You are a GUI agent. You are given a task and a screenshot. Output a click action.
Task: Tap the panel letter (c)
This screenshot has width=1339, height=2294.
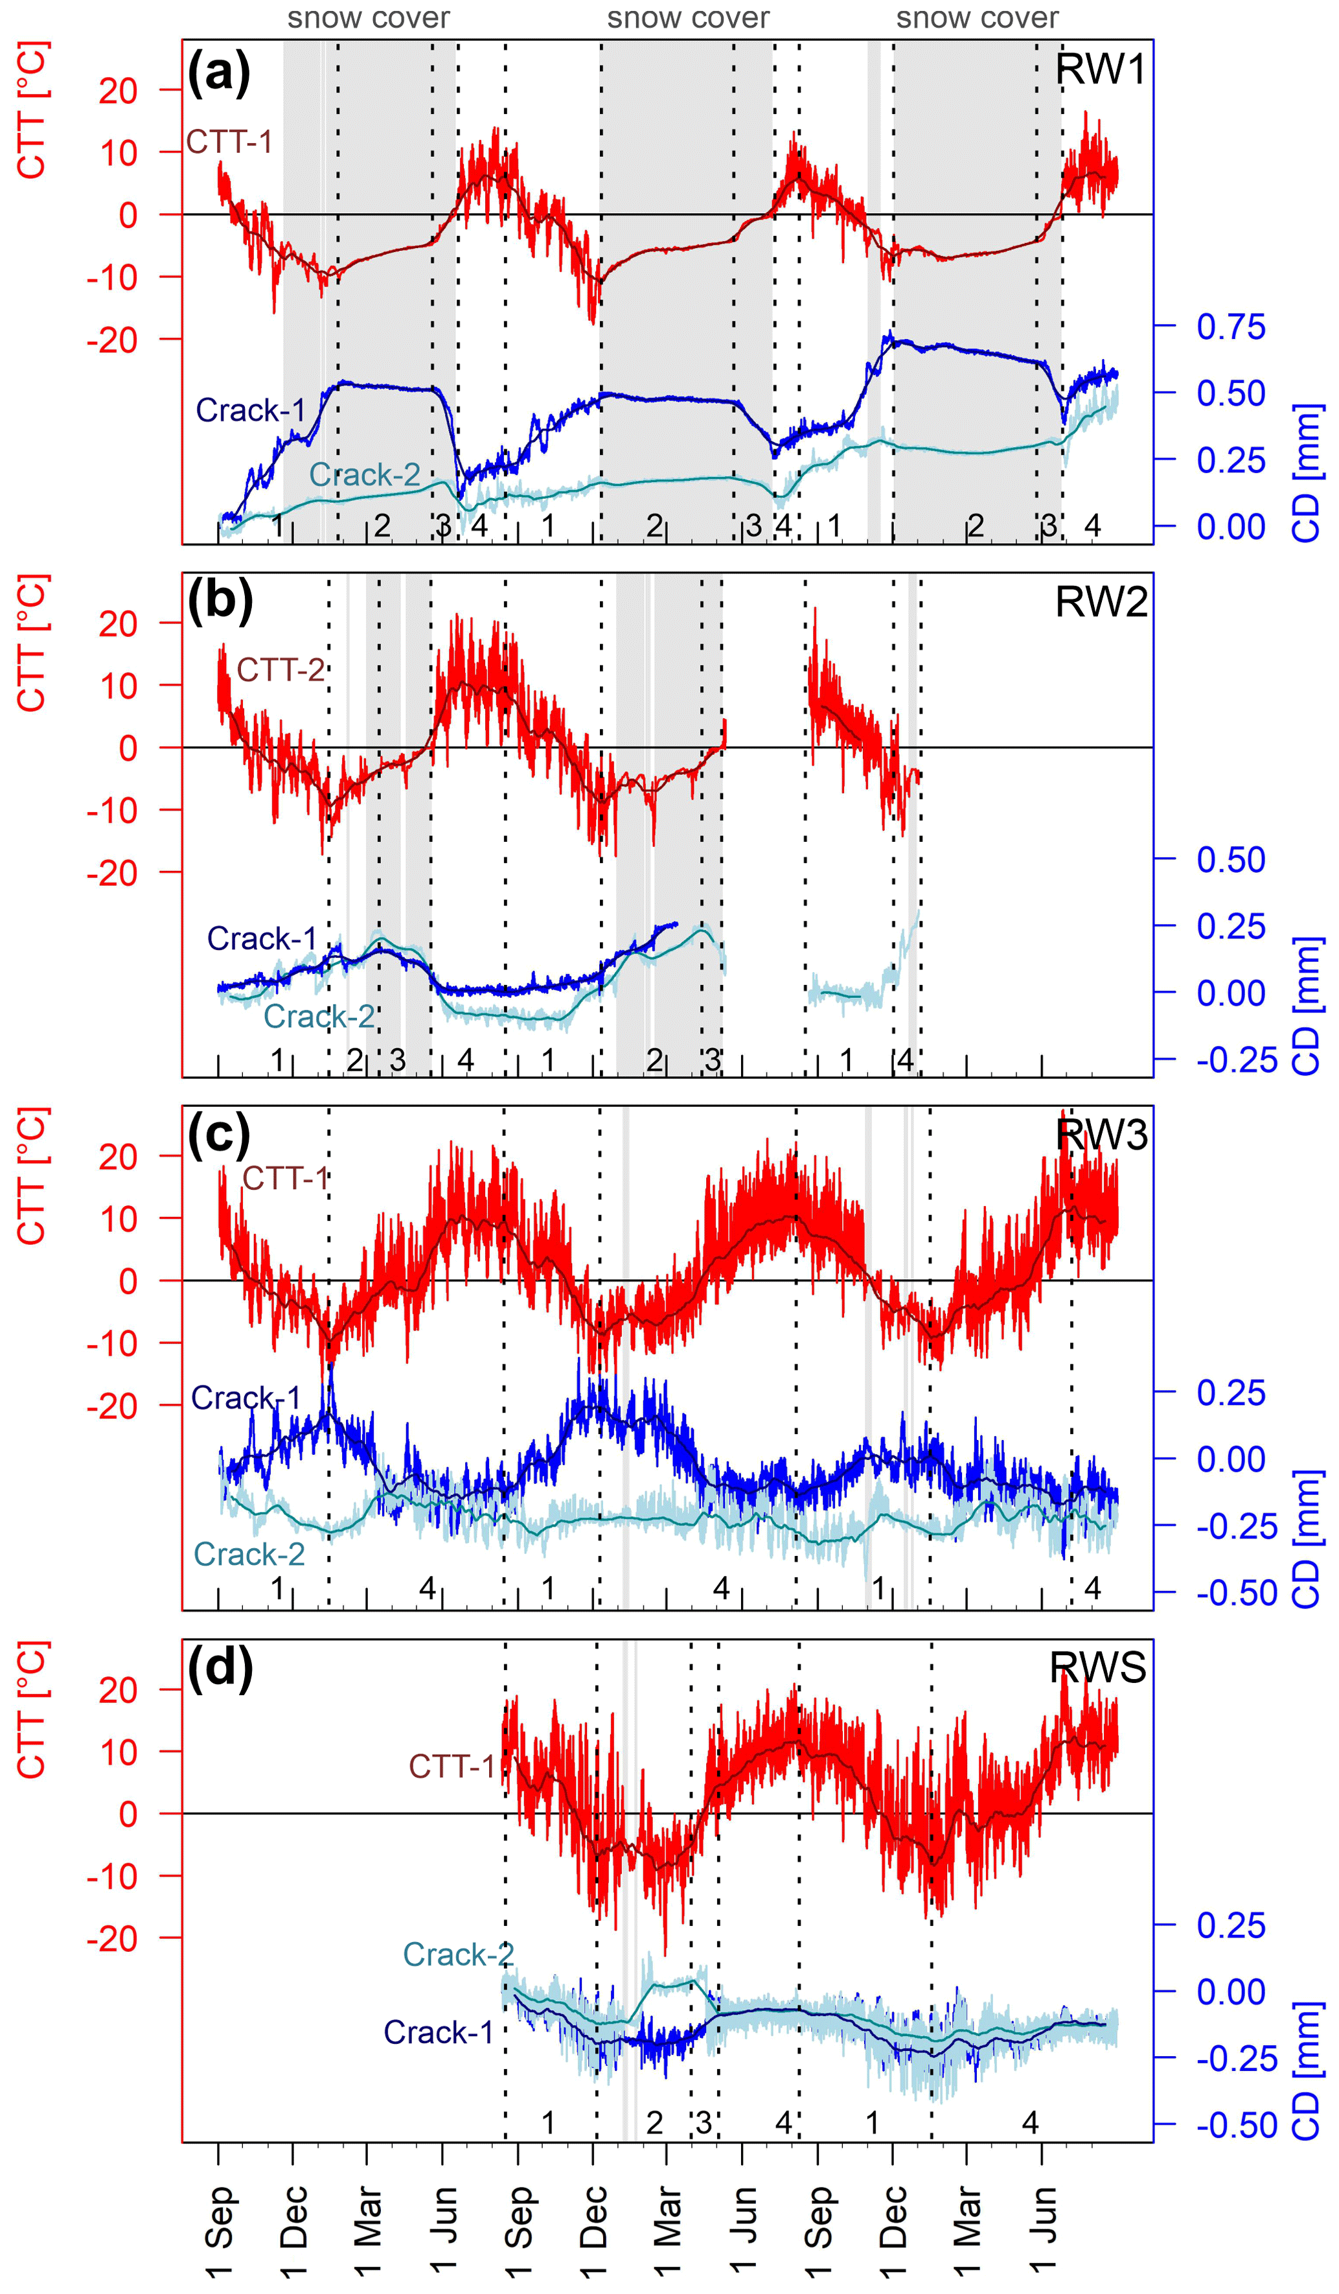(x=218, y=1136)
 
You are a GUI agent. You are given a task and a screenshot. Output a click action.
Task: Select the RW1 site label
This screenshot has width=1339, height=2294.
(x=1099, y=70)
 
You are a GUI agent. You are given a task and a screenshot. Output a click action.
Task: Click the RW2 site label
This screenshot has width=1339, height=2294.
(x=1101, y=603)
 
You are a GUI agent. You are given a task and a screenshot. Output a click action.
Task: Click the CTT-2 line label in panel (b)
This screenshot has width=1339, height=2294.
(x=280, y=670)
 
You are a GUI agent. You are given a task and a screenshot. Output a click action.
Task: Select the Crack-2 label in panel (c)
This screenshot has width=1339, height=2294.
(x=249, y=1554)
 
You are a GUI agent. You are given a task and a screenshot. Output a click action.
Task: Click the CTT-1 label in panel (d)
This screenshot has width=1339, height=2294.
(x=452, y=1766)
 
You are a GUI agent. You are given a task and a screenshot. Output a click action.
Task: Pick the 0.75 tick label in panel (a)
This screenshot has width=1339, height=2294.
(x=1231, y=326)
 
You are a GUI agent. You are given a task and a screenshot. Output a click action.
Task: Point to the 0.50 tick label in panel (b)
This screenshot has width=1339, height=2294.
(x=1231, y=859)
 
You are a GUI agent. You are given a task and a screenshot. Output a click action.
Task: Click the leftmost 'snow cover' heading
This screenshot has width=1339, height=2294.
(x=369, y=18)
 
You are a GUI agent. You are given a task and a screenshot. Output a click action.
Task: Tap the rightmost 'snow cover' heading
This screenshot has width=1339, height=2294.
(x=978, y=18)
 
